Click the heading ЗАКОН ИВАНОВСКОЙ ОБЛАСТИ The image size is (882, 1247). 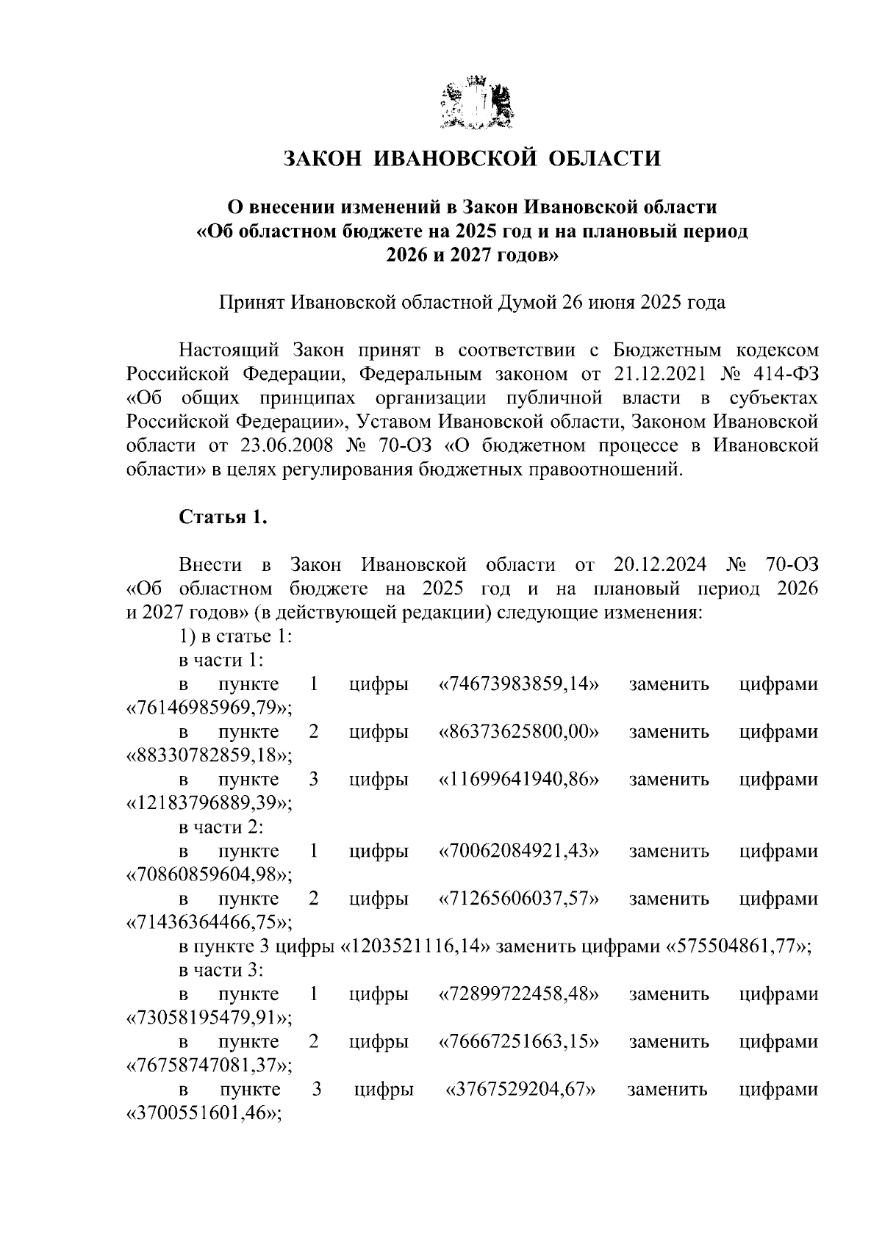click(x=472, y=158)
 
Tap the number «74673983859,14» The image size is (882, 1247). click(x=518, y=684)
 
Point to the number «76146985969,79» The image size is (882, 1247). click(x=209, y=708)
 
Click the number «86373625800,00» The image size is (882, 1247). click(x=518, y=732)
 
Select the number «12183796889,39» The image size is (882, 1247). click(x=209, y=804)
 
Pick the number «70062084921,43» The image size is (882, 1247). click(x=518, y=851)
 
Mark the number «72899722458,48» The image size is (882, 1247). click(x=518, y=994)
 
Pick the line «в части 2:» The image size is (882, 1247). click(x=221, y=827)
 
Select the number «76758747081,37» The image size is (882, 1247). click(x=209, y=1065)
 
